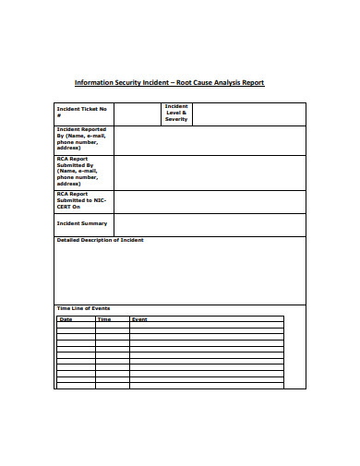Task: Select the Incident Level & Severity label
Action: click(175, 113)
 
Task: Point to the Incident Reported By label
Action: click(82, 140)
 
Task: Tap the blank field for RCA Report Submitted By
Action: click(210, 172)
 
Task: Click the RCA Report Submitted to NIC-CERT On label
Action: click(82, 200)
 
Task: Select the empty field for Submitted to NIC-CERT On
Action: click(210, 201)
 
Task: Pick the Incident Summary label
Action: click(82, 223)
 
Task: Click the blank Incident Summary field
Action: click(210, 224)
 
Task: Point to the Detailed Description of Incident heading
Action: click(100, 240)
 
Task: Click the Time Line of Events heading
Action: click(83, 307)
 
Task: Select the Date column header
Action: click(66, 319)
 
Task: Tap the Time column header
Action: click(104, 319)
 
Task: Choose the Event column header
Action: click(139, 319)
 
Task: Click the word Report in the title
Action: click(252, 82)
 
